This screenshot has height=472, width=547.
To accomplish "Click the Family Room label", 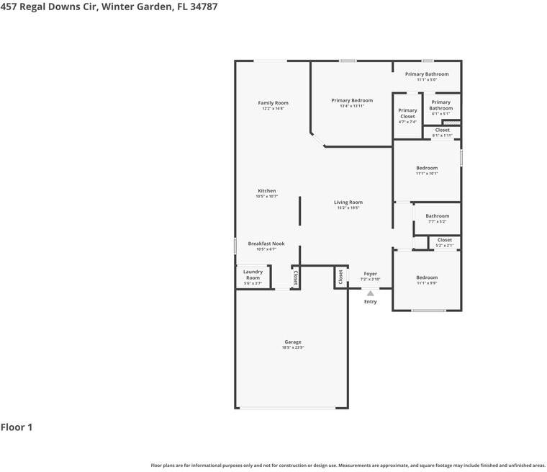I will pos(273,103).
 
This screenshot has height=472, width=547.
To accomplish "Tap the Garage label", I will pos(292,342).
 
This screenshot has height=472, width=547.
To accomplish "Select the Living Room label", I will pos(348,202).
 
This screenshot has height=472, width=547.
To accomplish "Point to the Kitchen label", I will pos(266,191).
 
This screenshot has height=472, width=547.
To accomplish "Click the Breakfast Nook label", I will pos(266,244).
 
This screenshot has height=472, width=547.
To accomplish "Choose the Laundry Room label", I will pos(253,275).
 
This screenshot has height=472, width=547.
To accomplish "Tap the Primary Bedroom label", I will pos(352,100).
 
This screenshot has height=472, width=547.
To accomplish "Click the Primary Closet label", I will pos(407,113).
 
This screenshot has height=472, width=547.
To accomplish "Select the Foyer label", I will pos(370,274).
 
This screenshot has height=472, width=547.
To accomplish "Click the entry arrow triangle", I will pos(370,293).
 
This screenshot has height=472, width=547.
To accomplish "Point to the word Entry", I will pos(370,302).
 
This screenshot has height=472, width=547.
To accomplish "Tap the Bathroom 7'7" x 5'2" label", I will pos(437,216).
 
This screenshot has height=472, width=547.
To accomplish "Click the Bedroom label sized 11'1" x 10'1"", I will pos(427,168).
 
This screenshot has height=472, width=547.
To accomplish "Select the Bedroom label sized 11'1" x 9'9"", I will pos(427,277).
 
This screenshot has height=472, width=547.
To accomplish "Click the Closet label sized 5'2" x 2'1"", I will pos(444,240).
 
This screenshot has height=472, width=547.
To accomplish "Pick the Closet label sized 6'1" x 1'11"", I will pos(442,130).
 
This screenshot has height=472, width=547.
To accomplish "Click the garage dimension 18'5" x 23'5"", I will pos(292,347).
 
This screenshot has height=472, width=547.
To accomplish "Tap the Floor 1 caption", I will pos(17,427).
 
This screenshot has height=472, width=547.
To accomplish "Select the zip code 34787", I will pos(203,6).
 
